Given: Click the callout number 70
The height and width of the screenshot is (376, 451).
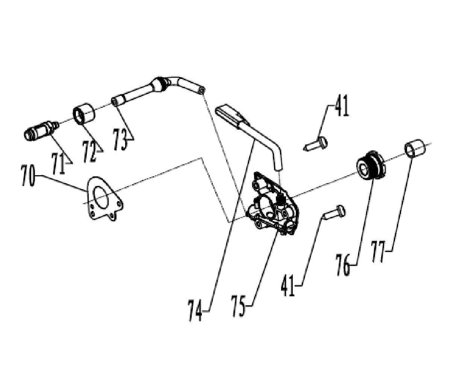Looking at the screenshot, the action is pyautogui.click(x=28, y=175).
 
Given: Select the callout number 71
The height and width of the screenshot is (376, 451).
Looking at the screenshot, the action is pyautogui.click(x=58, y=163).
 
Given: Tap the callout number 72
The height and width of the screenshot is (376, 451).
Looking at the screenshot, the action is pyautogui.click(x=90, y=152).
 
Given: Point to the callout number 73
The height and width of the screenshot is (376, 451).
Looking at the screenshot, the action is pyautogui.click(x=121, y=139).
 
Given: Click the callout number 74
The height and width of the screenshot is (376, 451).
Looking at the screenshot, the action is pyautogui.click(x=195, y=311).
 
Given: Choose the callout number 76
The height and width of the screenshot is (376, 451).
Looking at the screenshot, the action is pyautogui.click(x=343, y=265).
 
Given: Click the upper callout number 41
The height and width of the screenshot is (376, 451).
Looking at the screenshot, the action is pyautogui.click(x=342, y=106).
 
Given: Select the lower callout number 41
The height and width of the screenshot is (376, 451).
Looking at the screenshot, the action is pyautogui.click(x=288, y=286).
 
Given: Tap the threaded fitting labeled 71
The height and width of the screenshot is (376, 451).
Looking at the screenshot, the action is pyautogui.click(x=41, y=130).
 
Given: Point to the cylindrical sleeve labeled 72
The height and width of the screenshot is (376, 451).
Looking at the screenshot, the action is pyautogui.click(x=84, y=114).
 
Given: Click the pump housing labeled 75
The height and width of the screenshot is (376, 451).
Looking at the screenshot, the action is pyautogui.click(x=273, y=204).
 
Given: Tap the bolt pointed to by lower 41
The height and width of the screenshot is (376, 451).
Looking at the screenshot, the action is pyautogui.click(x=333, y=213).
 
